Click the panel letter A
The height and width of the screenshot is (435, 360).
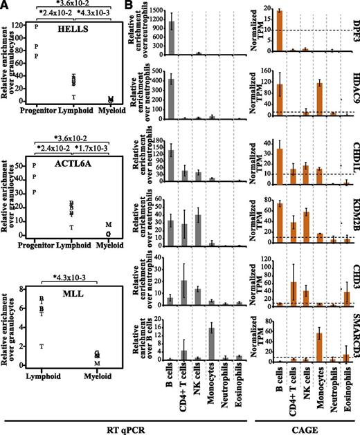click(x=5, y=6)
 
